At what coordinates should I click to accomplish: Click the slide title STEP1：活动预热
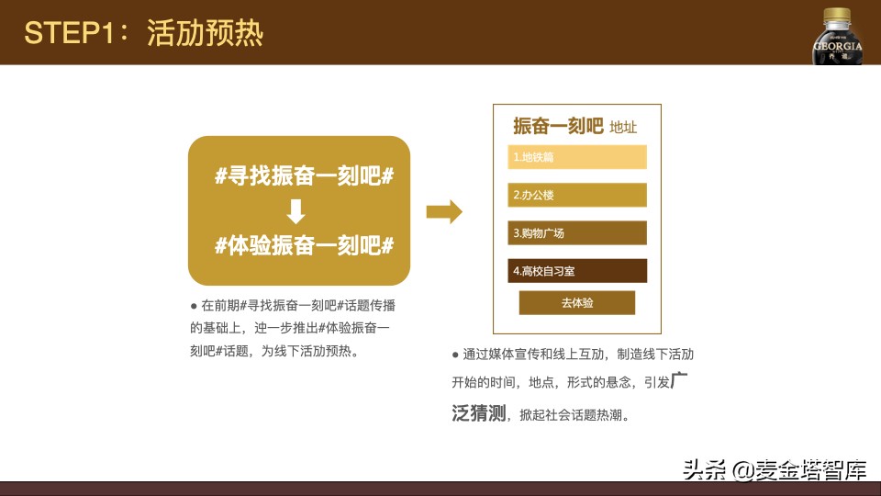(x=144, y=33)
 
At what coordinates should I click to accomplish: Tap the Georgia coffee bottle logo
(x=837, y=37)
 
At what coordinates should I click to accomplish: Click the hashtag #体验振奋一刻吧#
(x=304, y=245)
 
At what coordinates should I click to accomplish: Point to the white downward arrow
(x=296, y=211)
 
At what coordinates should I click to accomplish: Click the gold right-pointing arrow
(x=444, y=212)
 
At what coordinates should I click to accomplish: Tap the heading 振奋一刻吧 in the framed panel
(x=558, y=126)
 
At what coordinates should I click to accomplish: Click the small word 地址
(x=623, y=128)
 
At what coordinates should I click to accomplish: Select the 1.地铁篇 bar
(x=577, y=157)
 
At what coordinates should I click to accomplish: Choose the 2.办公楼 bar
(x=577, y=195)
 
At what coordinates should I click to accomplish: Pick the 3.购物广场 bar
(x=577, y=233)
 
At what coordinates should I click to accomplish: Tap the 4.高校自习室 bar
(x=577, y=271)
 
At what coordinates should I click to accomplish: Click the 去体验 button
(x=577, y=302)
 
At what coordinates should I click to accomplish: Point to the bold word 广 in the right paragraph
(x=679, y=380)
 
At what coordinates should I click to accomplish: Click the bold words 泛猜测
(x=479, y=412)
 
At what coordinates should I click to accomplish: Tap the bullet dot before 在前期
(x=194, y=306)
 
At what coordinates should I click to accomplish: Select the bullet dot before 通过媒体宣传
(x=455, y=355)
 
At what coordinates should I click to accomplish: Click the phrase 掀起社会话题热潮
(x=573, y=415)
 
